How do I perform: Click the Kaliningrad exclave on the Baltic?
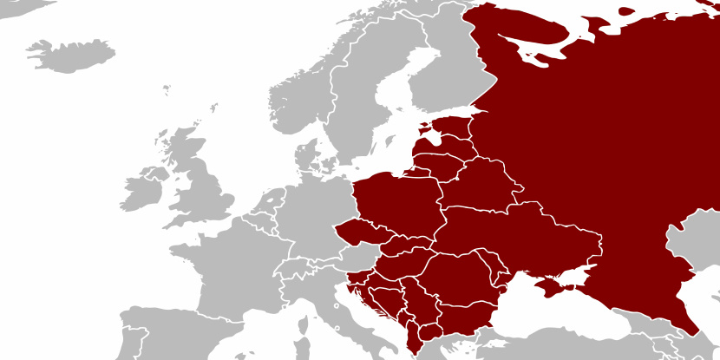(420, 173)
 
